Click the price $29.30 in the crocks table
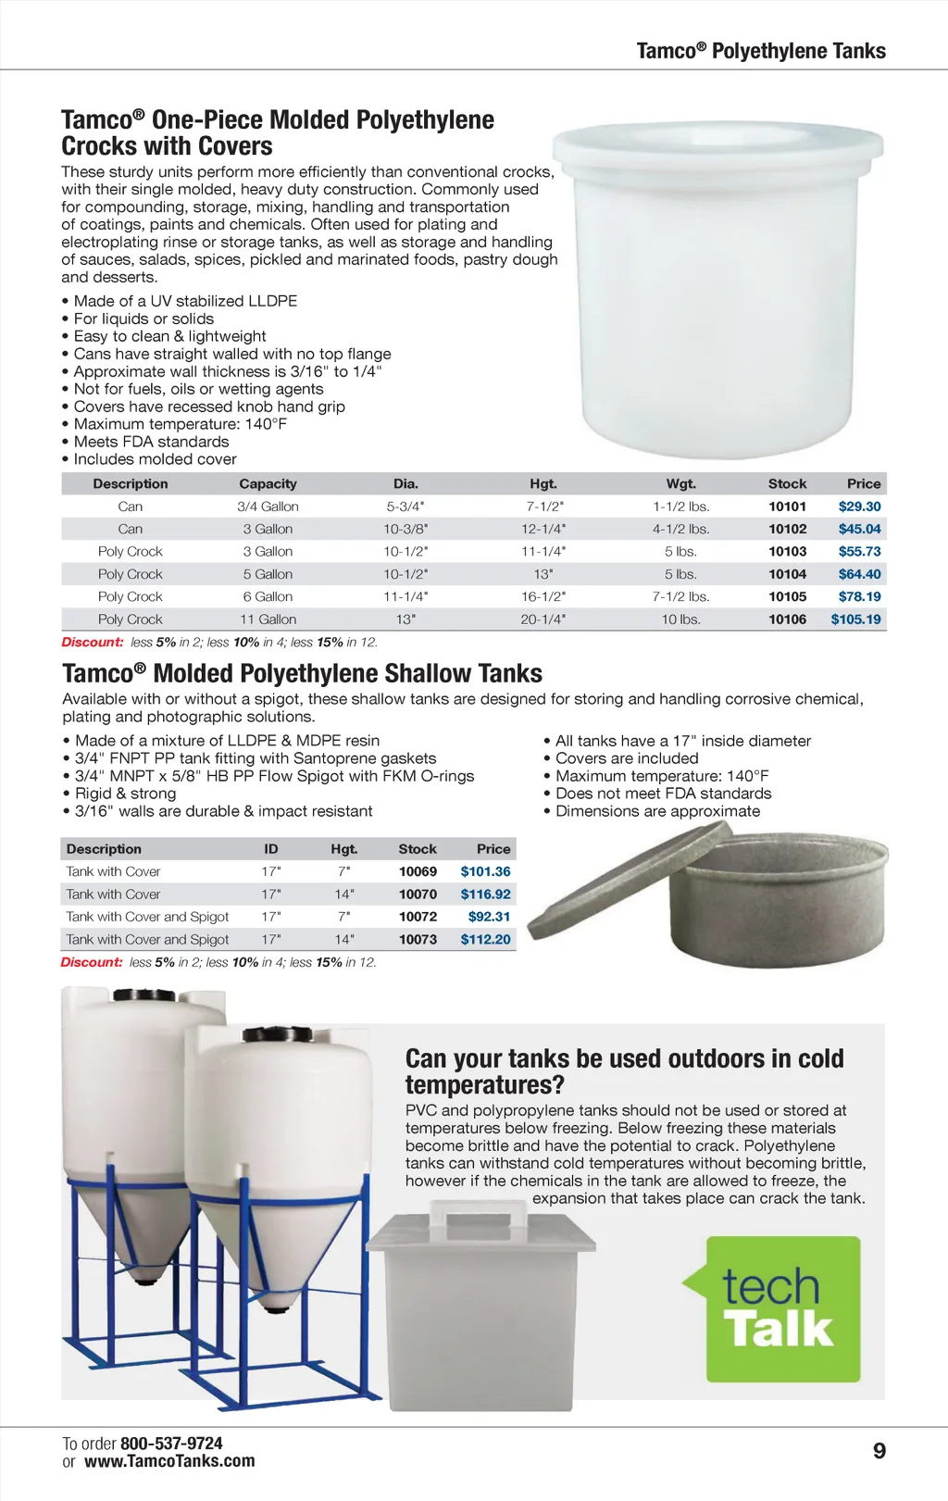click(859, 507)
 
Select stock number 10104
click(787, 574)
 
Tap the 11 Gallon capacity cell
click(268, 619)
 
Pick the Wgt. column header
click(680, 483)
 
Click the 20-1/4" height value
click(543, 619)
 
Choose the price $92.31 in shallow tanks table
click(489, 917)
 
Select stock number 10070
click(418, 894)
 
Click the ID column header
click(270, 849)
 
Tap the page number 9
click(879, 1451)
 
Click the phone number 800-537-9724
click(171, 1444)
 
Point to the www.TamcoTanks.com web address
click(169, 1462)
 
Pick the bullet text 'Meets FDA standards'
click(151, 442)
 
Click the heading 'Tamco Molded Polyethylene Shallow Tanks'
click(302, 673)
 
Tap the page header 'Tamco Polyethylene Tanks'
click(760, 51)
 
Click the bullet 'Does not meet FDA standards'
click(663, 794)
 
